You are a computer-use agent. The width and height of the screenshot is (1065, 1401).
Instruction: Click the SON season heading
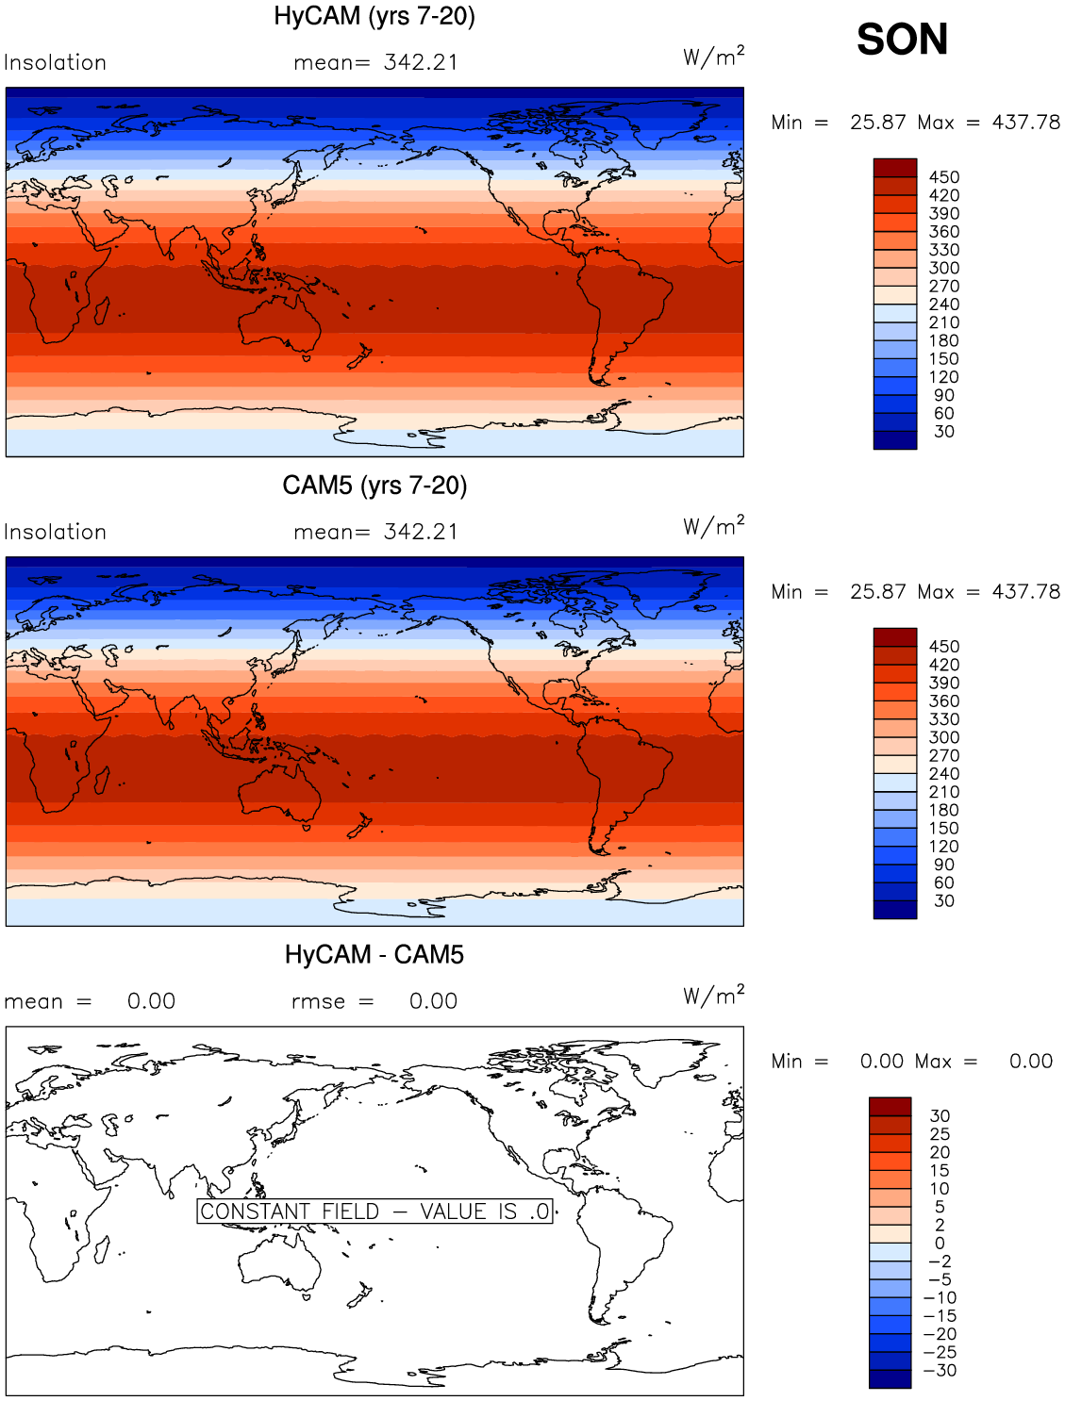coord(902,40)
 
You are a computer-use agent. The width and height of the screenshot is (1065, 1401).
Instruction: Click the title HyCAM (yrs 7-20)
coord(374,17)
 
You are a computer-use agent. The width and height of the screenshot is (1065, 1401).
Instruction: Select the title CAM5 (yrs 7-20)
coord(374,486)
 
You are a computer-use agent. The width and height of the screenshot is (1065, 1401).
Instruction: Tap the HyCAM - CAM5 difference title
coord(374,955)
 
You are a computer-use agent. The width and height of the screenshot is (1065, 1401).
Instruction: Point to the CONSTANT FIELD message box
coord(374,1211)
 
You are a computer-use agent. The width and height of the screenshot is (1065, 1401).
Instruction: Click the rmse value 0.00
coord(433,1001)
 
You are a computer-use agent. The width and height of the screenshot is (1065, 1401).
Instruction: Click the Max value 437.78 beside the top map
coord(1025,122)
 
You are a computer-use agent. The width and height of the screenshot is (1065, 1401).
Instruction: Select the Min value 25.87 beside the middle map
coord(877,592)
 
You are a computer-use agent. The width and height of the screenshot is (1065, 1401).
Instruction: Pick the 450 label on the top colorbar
coord(943,177)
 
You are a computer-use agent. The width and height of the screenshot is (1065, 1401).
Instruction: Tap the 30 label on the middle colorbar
coord(943,900)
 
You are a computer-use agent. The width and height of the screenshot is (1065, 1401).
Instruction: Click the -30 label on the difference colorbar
coord(940,1370)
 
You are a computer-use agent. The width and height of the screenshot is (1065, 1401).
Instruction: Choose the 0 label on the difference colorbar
coord(940,1243)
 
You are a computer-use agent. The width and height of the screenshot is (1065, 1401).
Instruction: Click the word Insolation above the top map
coord(55,62)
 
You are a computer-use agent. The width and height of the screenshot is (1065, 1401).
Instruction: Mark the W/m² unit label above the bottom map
coord(713,995)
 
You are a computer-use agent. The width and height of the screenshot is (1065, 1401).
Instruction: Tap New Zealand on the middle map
coord(359,825)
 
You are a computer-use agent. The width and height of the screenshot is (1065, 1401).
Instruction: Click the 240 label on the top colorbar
coord(943,305)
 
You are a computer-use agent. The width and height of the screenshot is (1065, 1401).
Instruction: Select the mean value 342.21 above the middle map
coord(421,532)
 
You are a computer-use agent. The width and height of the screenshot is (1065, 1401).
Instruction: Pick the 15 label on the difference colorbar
coord(940,1170)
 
